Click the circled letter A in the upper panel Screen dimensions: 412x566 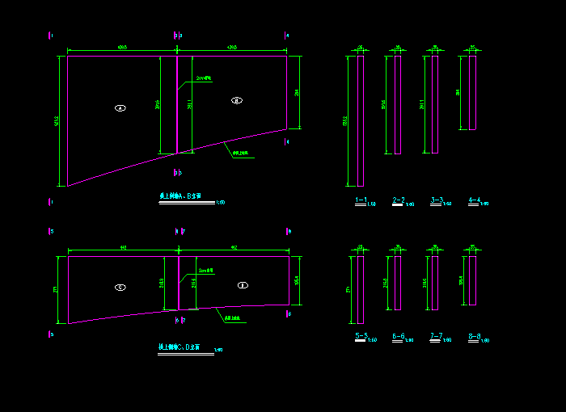click(120, 107)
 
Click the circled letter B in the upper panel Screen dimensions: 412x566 click(236, 100)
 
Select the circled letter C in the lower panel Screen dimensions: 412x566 click(120, 286)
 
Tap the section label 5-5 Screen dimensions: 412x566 click(361, 335)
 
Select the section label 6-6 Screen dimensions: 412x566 click(398, 335)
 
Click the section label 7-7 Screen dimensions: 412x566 click(437, 335)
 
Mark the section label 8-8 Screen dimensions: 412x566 click(474, 335)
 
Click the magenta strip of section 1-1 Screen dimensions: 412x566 click(361, 121)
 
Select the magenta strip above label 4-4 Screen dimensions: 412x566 click(472, 92)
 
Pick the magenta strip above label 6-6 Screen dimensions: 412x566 click(397, 283)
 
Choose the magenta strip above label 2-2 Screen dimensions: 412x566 click(397, 104)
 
